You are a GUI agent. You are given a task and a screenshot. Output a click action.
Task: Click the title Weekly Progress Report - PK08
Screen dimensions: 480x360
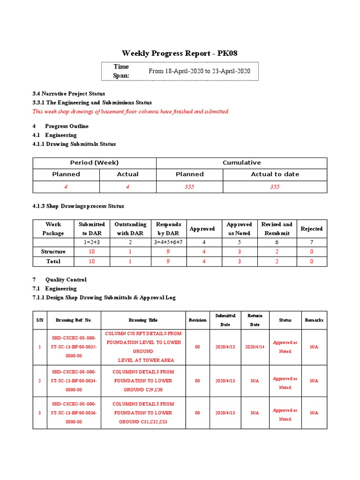[x=180, y=53]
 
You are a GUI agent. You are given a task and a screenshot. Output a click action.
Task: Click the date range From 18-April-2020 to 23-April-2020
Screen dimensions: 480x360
[x=199, y=71]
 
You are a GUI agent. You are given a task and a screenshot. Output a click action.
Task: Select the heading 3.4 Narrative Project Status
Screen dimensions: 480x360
[x=68, y=93]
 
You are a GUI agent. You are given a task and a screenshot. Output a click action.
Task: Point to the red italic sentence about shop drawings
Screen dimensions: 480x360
[x=130, y=112]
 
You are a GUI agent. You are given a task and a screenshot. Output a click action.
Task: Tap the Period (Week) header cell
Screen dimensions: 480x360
[x=94, y=163]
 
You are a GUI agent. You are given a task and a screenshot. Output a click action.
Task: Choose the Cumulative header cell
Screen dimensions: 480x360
[x=241, y=163]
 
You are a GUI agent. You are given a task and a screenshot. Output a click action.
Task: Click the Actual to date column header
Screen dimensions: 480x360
[x=275, y=174]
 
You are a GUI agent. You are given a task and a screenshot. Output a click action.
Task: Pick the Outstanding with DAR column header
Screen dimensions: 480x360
[x=130, y=229]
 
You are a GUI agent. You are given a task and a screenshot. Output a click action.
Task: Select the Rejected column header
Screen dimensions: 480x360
[x=311, y=229]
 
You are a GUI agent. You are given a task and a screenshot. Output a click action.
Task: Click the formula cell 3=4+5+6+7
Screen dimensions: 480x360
[x=168, y=242]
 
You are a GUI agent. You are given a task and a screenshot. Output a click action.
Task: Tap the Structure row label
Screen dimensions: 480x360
[x=53, y=252]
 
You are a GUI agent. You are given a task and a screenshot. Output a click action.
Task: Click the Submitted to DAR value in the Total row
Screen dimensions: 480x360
[x=91, y=261]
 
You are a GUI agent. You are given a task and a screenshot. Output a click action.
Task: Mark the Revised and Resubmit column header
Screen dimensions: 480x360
[x=277, y=229]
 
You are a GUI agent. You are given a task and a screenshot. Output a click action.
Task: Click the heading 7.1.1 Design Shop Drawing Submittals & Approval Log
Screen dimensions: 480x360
[x=104, y=298]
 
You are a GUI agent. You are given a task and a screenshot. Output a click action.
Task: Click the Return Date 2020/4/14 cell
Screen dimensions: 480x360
[x=255, y=347]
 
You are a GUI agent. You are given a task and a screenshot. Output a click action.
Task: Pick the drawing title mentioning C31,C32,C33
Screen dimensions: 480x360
[x=143, y=412]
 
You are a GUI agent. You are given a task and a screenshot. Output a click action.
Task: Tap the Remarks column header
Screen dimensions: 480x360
[x=314, y=320]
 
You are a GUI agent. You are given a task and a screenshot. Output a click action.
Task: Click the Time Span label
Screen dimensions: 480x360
[x=121, y=71]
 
